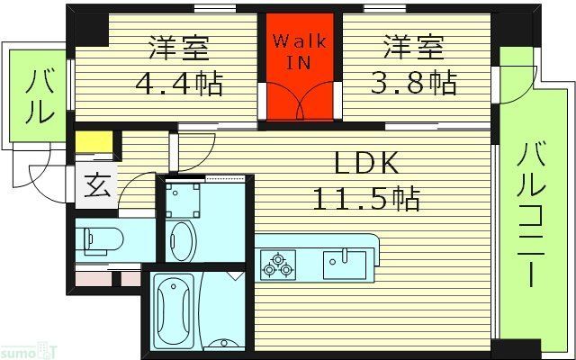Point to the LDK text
pos(366,165)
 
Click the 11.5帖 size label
pos(366,198)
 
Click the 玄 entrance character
pos(95,188)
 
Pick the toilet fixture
pos(100,240)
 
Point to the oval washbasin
pos(182,240)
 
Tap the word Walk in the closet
pos(300,42)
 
